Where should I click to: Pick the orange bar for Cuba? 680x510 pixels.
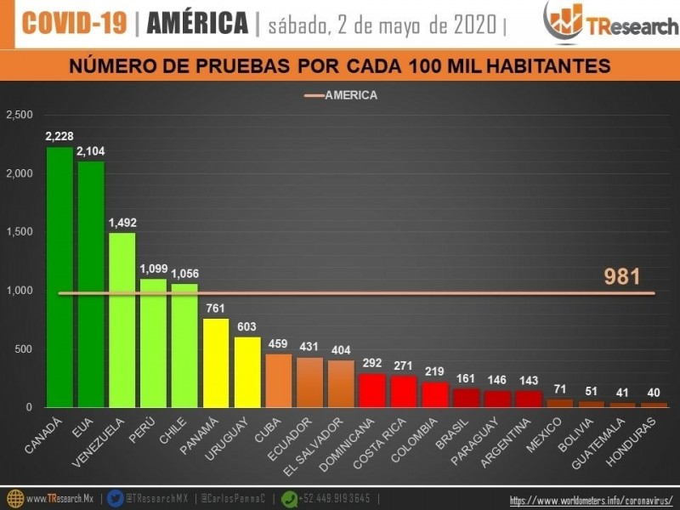point(278,380)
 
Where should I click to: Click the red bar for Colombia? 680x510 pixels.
point(434,394)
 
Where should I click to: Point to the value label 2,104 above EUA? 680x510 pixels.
point(91,151)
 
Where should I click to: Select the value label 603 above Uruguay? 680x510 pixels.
point(247,327)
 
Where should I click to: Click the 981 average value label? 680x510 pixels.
point(622,276)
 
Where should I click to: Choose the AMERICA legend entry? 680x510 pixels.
point(340,95)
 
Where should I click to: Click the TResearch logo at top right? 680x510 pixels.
point(599,24)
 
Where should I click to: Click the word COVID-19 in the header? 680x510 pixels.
point(75,24)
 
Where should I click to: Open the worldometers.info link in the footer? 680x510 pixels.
point(591,500)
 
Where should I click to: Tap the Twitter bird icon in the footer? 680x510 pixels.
point(116,499)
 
